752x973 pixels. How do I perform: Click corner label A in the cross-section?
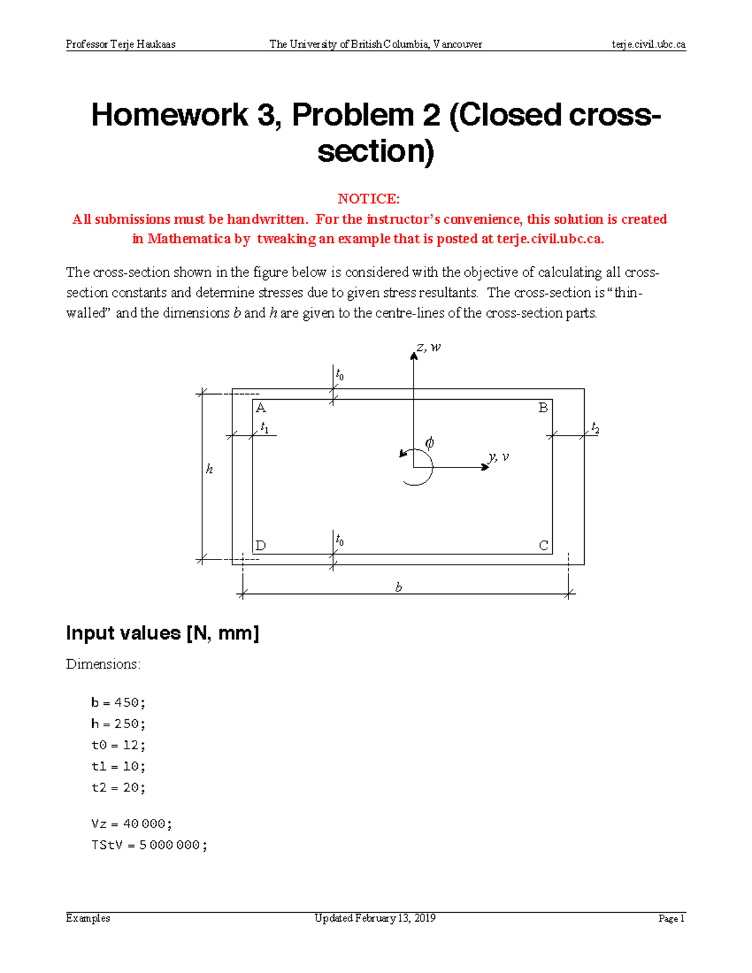[x=261, y=408]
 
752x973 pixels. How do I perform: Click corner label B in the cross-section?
[x=543, y=408]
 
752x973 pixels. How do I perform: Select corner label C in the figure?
[x=543, y=546]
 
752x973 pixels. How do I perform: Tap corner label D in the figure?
[x=261, y=546]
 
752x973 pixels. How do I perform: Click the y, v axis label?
[x=499, y=457]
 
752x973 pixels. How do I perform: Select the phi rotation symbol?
[x=429, y=443]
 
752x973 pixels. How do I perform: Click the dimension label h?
[x=209, y=469]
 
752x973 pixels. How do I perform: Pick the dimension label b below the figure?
[x=399, y=588]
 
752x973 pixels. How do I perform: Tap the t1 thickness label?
[x=264, y=428]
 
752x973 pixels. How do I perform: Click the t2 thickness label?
[x=595, y=428]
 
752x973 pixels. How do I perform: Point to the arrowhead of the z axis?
[x=414, y=356]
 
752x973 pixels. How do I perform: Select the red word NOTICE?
[x=368, y=199]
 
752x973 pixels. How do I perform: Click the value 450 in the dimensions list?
[x=126, y=703]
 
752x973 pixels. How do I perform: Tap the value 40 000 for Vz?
[x=145, y=824]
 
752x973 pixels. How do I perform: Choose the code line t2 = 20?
[x=118, y=788]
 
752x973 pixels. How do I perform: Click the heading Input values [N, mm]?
[x=162, y=633]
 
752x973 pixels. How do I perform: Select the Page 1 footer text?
[x=671, y=918]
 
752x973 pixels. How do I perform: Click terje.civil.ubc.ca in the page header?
[x=649, y=44]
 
